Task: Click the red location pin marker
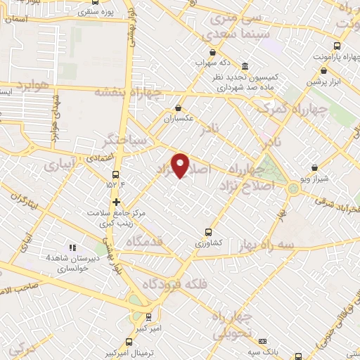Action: point(181,165)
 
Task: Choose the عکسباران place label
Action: point(179,119)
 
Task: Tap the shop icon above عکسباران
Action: point(179,109)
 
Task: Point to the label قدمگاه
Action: point(145,240)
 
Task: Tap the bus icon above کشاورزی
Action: point(208,232)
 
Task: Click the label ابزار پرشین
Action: point(323,82)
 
